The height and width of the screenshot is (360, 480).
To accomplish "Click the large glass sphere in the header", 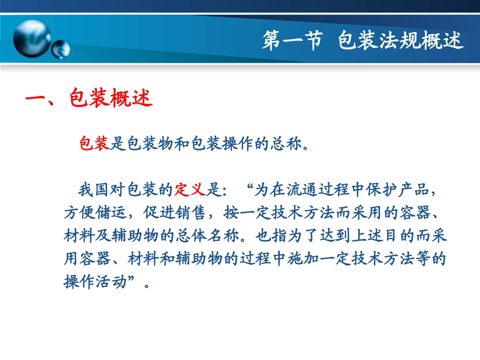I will point(31,38).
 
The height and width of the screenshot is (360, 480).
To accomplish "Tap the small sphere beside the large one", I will point(61,48).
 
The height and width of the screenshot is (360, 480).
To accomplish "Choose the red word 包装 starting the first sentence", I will point(94,144).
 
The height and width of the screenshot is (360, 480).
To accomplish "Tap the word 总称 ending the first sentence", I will point(286,144).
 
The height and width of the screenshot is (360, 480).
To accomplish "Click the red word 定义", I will point(189,191).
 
